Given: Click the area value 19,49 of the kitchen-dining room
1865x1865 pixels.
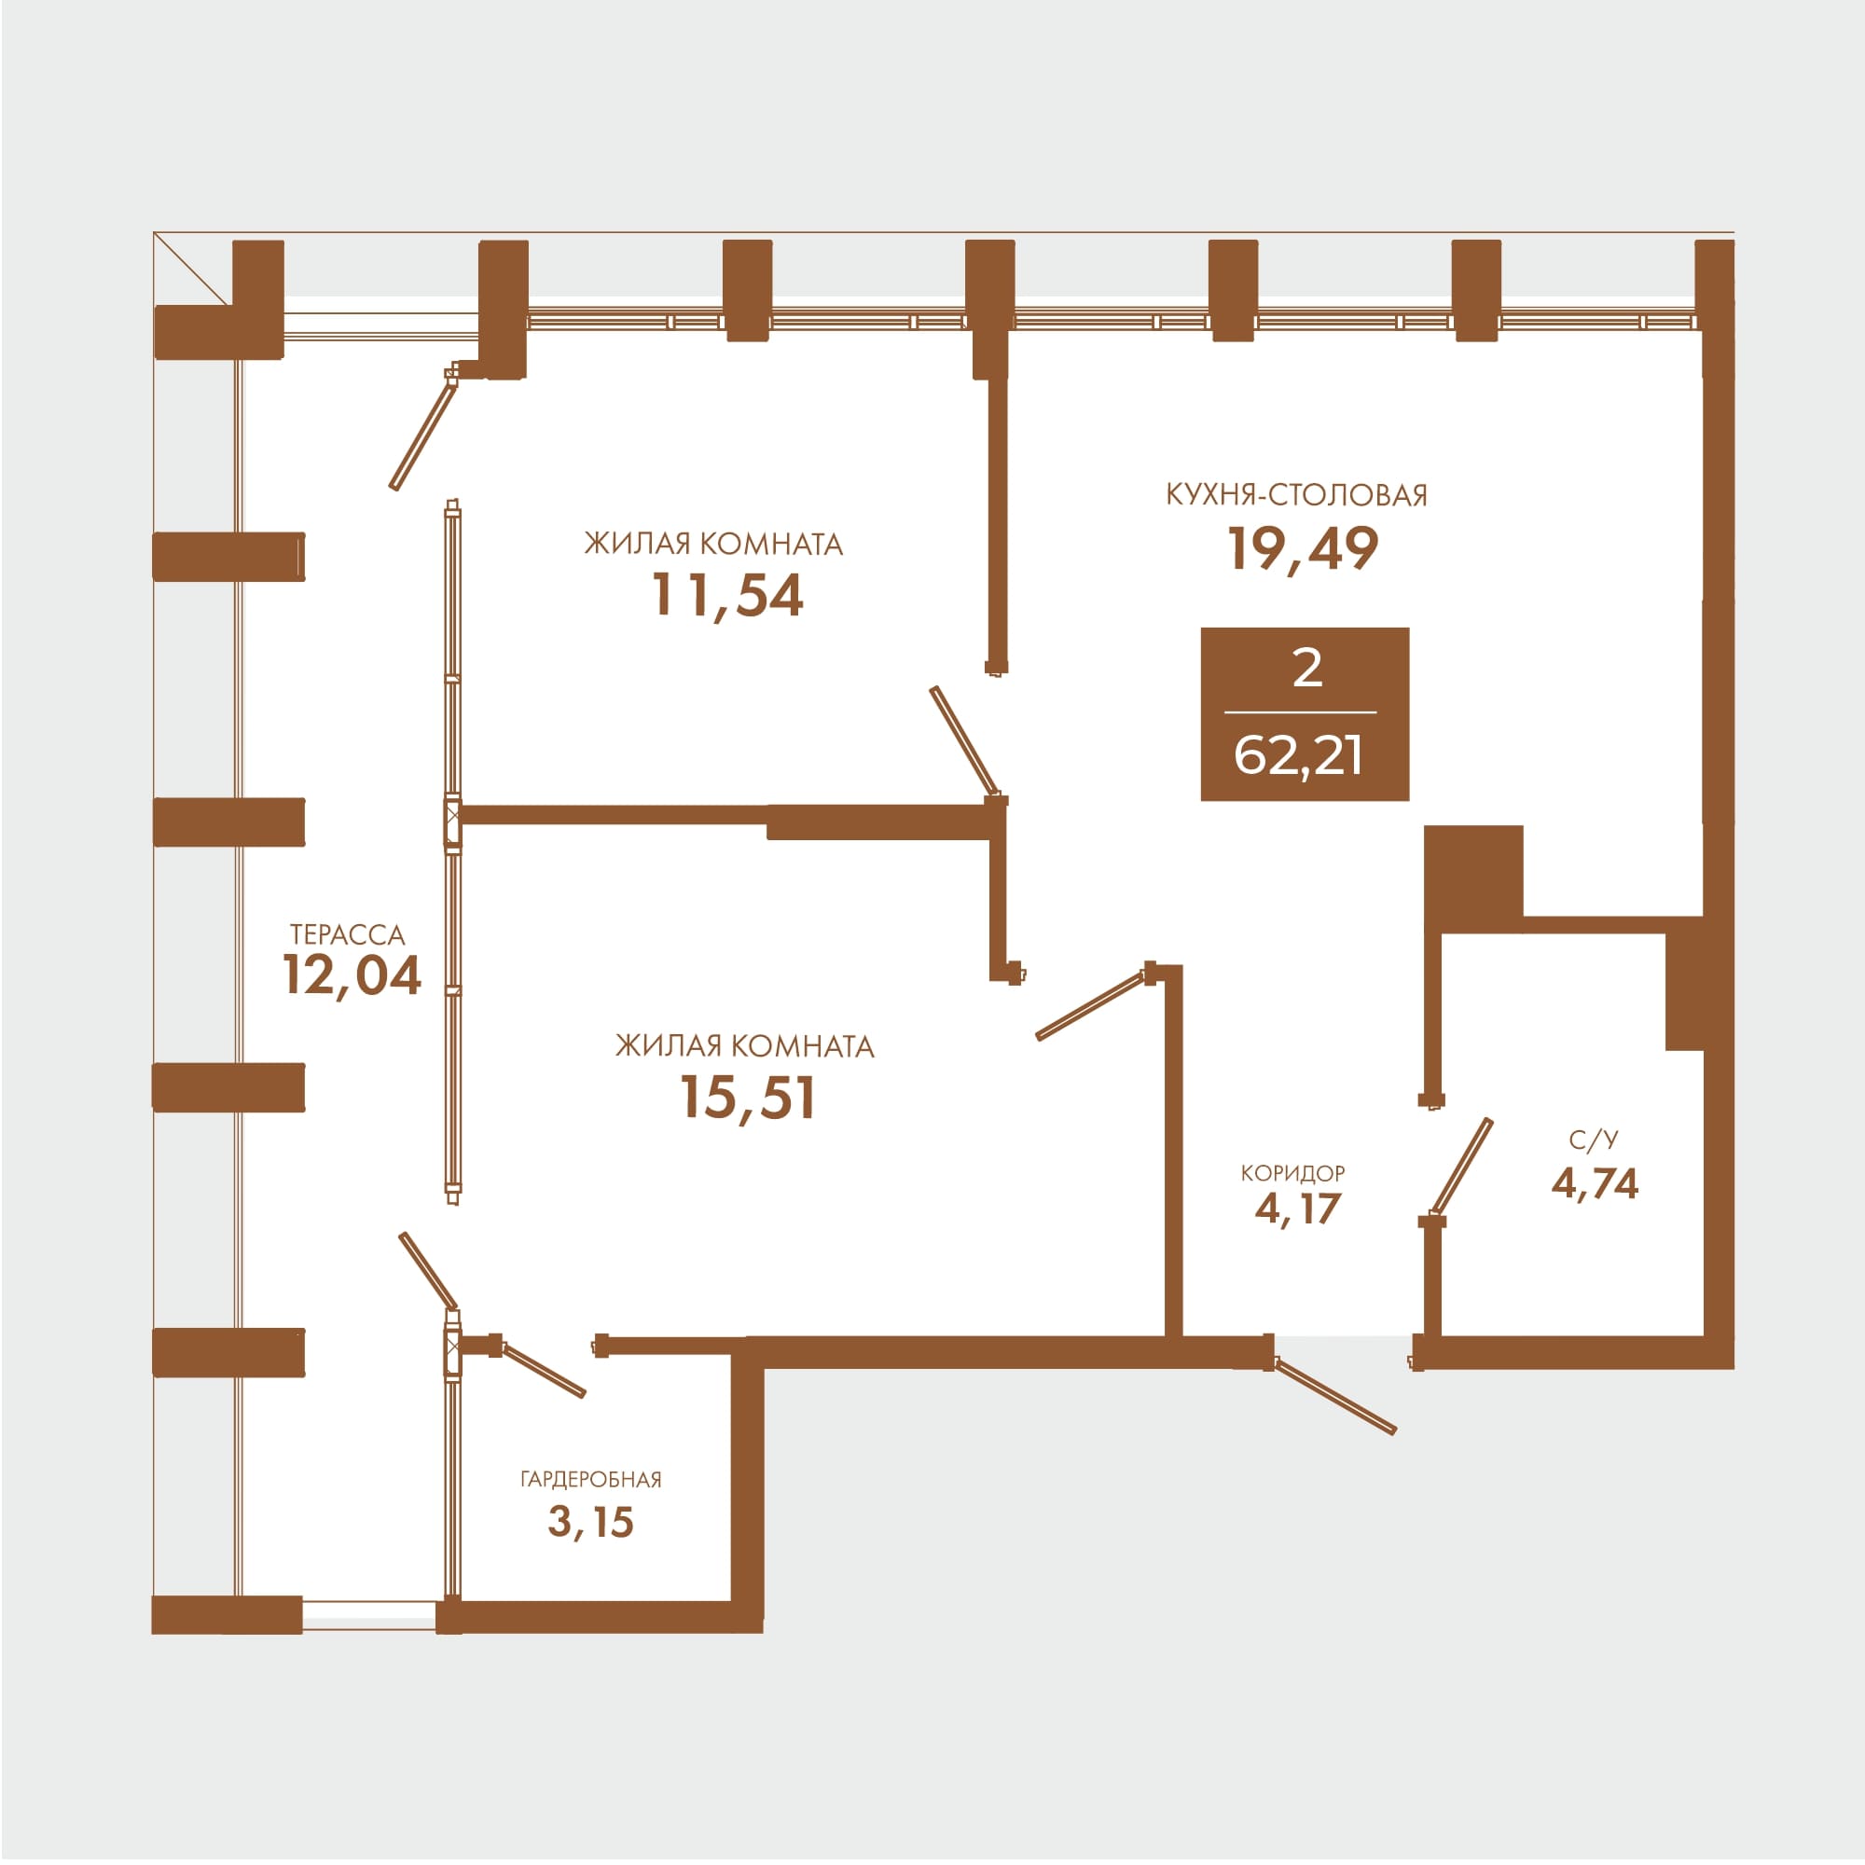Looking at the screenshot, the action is (x=1304, y=549).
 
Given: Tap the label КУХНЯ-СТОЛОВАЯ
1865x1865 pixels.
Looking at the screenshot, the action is (x=1296, y=495).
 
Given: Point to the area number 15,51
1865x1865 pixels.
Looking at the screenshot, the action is (x=748, y=1098).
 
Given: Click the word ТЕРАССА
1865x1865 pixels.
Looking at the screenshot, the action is (x=348, y=934).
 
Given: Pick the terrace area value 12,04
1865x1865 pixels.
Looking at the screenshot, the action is (x=352, y=976).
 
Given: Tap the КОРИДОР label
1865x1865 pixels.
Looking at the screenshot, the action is (x=1292, y=1173).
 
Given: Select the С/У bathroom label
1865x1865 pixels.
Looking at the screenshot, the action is (x=1594, y=1141).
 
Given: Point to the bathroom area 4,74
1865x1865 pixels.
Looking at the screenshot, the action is (x=1595, y=1183).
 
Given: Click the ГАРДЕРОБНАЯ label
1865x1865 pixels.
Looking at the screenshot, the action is (x=591, y=1480).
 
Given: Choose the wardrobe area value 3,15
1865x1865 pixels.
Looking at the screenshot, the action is (x=591, y=1523).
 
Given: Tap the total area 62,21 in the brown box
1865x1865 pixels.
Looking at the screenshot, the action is (x=1298, y=756).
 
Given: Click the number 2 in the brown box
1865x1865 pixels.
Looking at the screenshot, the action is (x=1307, y=668).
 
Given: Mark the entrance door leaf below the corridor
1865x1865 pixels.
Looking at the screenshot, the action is (x=1336, y=1396).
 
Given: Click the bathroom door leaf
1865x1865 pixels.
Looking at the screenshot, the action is (x=1461, y=1167).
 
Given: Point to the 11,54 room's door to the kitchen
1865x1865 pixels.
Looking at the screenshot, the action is (x=963, y=741).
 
